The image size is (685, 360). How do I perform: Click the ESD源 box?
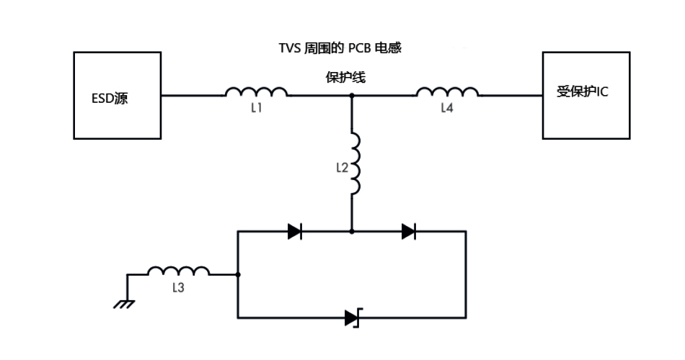117,95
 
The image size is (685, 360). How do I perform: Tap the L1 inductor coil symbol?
257,91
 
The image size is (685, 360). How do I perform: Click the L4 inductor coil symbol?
447,91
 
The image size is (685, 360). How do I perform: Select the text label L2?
342,167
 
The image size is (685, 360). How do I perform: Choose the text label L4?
448,107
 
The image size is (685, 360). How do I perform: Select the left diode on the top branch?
294,231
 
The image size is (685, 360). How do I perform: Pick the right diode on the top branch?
408,231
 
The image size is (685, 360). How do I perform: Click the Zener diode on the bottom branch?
352,318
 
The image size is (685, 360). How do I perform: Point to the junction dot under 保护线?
352,95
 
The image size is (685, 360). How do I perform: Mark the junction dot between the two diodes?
352,231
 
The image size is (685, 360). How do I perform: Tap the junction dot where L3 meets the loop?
238,274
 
